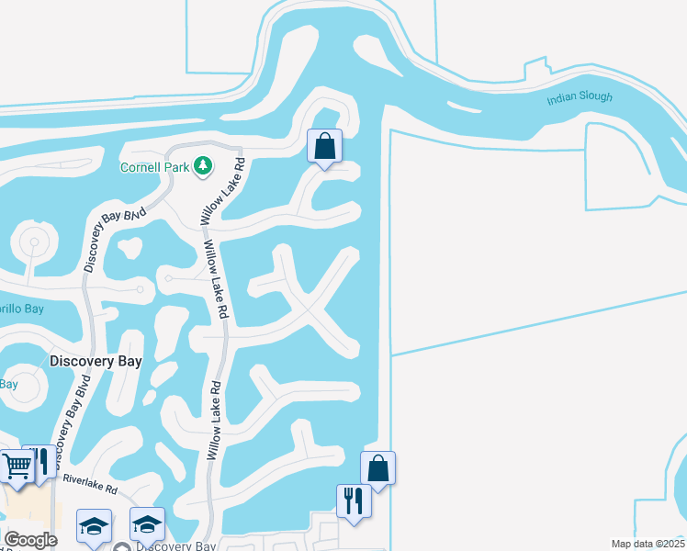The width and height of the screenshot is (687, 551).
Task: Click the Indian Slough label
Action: tap(579, 97)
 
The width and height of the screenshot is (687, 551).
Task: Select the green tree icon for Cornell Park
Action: tap(203, 166)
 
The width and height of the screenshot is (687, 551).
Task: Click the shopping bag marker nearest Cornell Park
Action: tap(324, 146)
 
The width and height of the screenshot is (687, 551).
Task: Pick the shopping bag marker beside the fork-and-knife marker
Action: tap(377, 468)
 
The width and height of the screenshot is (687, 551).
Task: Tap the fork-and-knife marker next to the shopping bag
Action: tap(354, 501)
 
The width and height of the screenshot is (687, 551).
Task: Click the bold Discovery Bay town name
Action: tap(96, 362)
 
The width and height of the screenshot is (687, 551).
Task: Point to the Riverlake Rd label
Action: tap(90, 484)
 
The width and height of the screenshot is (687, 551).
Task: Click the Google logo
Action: tap(29, 540)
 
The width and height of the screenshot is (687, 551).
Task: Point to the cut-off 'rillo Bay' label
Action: tap(20, 309)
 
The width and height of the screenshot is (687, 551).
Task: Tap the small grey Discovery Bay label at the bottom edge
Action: tap(175, 546)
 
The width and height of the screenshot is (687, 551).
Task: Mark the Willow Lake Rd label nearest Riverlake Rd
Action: tap(213, 421)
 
